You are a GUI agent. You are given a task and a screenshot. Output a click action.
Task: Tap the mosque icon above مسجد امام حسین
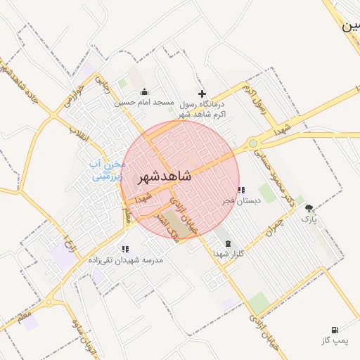pos(144,91)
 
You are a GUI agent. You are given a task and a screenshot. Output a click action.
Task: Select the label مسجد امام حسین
pos(145,103)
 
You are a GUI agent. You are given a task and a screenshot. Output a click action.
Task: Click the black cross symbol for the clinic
pos(202,94)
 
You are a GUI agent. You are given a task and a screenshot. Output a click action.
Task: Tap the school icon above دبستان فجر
pos(241,190)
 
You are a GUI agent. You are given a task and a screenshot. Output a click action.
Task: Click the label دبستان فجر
pos(242,200)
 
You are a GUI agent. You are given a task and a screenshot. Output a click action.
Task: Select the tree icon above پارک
pos(309,209)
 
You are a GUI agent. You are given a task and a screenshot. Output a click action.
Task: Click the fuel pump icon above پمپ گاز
pos(333,330)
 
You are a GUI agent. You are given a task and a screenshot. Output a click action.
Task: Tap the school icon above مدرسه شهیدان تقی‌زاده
pos(125,249)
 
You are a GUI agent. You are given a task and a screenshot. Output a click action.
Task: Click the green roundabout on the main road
pos(252,144)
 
